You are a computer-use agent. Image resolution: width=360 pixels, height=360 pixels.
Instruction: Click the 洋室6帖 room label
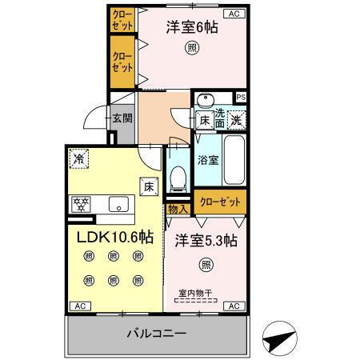[192, 27]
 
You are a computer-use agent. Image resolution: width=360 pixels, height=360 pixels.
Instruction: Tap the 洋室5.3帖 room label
[206, 241]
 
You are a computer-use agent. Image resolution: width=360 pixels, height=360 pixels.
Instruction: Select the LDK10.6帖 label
[115, 237]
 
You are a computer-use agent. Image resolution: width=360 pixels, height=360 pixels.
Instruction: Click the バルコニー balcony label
[156, 334]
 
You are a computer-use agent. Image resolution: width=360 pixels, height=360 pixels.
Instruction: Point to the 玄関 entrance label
[122, 118]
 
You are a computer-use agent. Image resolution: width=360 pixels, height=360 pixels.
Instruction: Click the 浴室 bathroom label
[208, 160]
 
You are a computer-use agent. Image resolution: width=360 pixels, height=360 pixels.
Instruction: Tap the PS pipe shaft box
[241, 98]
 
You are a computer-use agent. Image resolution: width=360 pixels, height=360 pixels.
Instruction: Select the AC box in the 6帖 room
[234, 14]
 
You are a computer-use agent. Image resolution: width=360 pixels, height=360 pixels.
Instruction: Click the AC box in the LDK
[80, 306]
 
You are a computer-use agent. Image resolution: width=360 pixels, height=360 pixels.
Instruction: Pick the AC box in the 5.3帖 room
[234, 306]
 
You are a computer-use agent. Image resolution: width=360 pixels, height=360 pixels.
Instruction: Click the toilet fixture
[178, 179]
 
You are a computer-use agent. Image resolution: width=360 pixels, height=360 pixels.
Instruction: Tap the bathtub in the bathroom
[234, 160]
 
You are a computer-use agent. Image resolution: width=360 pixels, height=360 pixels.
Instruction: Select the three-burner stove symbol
[81, 204]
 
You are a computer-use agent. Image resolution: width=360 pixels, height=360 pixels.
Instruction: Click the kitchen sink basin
[118, 204]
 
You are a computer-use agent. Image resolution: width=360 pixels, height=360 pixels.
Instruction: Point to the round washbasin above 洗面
[206, 100]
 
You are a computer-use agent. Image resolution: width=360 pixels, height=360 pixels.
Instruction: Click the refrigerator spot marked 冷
[79, 158]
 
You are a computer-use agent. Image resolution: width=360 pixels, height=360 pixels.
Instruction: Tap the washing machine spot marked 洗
[237, 120]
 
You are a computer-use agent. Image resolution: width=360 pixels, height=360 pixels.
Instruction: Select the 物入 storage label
[178, 210]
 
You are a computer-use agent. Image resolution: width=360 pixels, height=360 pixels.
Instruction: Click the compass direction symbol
[279, 338]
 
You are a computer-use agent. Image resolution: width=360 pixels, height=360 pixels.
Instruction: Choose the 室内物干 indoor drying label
[195, 294]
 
